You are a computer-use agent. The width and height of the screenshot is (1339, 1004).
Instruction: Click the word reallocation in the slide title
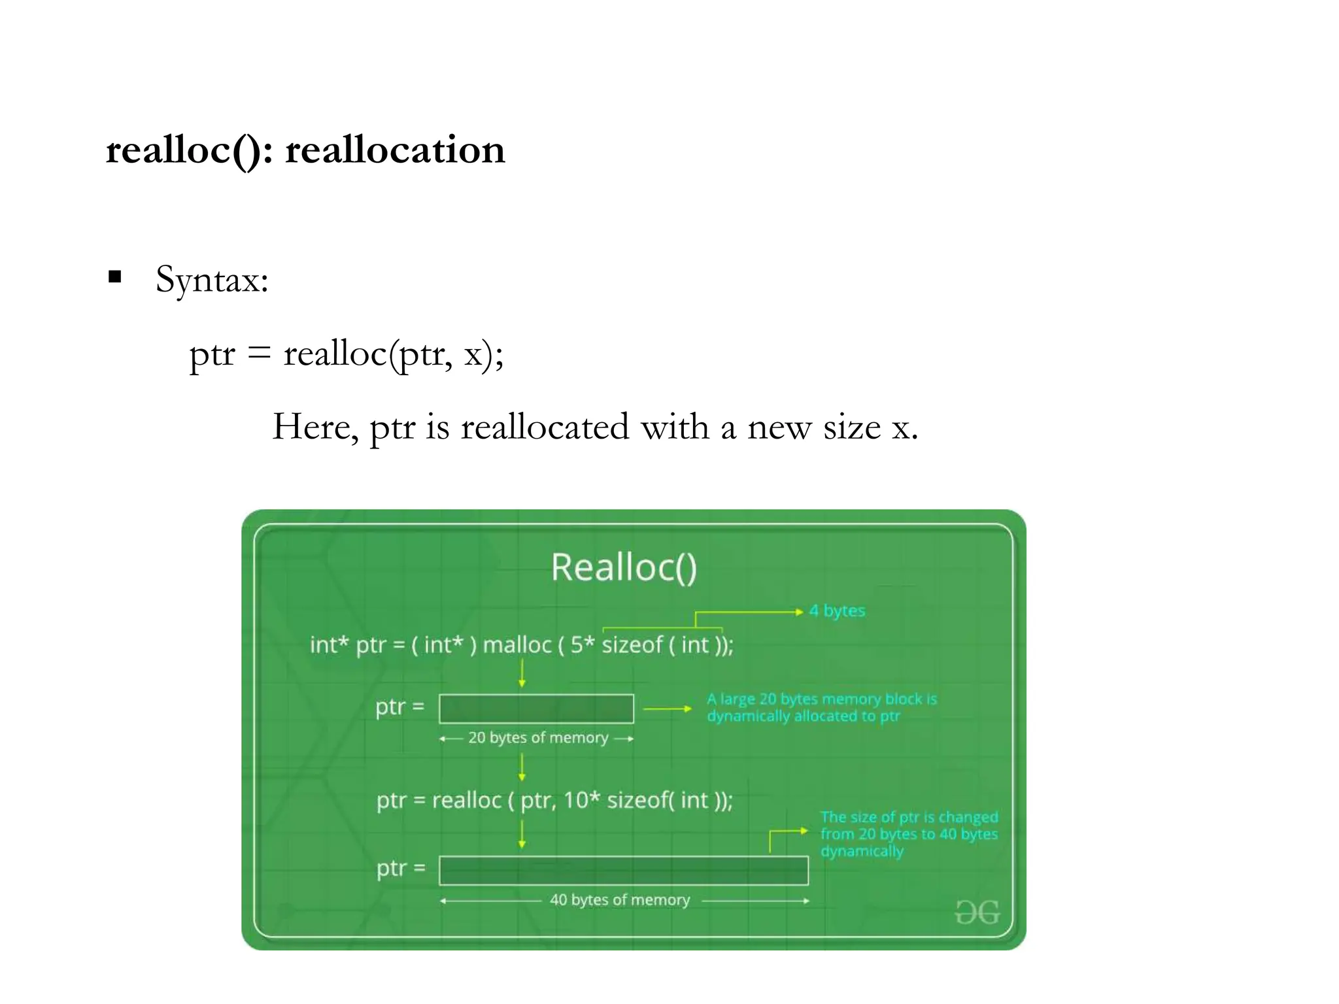[x=395, y=150]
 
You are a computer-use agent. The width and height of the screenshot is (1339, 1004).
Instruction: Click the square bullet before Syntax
[x=115, y=276]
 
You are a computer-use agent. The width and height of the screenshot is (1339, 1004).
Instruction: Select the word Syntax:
[x=212, y=280]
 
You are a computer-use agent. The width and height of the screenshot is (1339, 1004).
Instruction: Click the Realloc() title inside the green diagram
[x=624, y=567]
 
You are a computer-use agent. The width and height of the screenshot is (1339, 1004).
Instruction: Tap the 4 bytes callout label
[x=837, y=611]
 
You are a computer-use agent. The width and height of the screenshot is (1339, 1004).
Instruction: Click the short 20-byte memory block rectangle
[x=536, y=709]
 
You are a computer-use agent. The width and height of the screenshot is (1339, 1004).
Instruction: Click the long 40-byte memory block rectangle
[x=623, y=870]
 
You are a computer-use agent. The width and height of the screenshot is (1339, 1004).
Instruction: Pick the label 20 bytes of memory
[x=537, y=738]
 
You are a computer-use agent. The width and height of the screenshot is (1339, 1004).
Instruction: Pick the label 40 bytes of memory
[x=619, y=900]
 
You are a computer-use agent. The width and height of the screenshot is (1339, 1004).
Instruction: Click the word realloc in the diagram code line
[x=466, y=801]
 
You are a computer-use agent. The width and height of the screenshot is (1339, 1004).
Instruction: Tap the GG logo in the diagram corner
[x=977, y=912]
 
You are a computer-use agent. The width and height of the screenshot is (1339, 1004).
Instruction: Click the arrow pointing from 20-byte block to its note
[x=667, y=709]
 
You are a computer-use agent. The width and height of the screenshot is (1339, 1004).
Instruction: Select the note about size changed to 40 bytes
[x=909, y=834]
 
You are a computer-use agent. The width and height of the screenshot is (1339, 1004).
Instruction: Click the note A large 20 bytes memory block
[x=821, y=707]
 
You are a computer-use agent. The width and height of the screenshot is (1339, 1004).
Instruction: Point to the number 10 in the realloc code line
[x=576, y=801]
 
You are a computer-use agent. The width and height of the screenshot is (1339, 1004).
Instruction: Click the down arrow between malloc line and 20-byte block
[x=522, y=673]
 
